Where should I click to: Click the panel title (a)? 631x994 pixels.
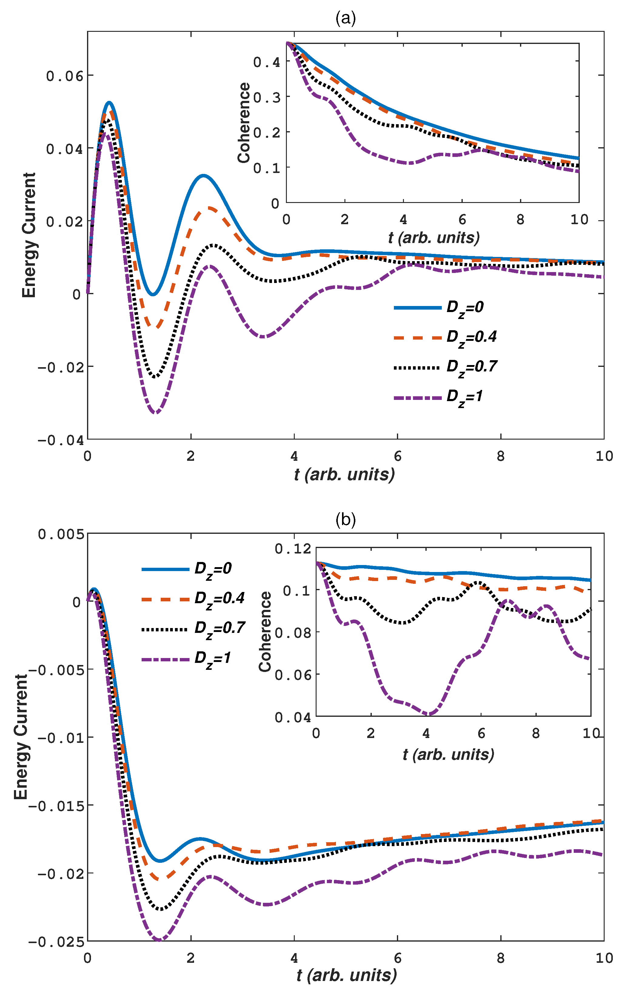[x=345, y=18]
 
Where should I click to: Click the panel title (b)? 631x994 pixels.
[x=345, y=520]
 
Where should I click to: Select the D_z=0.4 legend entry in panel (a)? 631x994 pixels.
[x=471, y=337]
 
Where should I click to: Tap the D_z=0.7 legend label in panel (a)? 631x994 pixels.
[x=471, y=367]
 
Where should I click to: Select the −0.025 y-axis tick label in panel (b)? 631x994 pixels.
[x=56, y=942]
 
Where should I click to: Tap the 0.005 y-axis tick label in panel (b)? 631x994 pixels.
[x=61, y=534]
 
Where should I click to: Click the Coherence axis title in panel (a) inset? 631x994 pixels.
[x=244, y=123]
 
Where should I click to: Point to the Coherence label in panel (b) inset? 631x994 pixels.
[x=265, y=632]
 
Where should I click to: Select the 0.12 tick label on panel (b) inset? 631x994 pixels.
[x=293, y=549]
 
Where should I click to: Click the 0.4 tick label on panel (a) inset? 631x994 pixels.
[x=267, y=62]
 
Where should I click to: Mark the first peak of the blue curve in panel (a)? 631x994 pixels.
[x=109, y=102]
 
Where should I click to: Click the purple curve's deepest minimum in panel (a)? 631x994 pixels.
[x=155, y=412]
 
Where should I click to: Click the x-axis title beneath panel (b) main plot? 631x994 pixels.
[x=346, y=975]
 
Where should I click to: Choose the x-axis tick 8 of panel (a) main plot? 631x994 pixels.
[x=500, y=456]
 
